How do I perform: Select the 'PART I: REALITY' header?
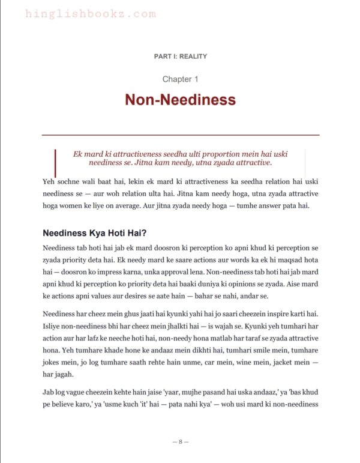180,56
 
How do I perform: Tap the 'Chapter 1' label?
180,79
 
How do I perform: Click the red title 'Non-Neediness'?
180,100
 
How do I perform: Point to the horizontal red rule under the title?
180,135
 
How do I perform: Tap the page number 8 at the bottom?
180,441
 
